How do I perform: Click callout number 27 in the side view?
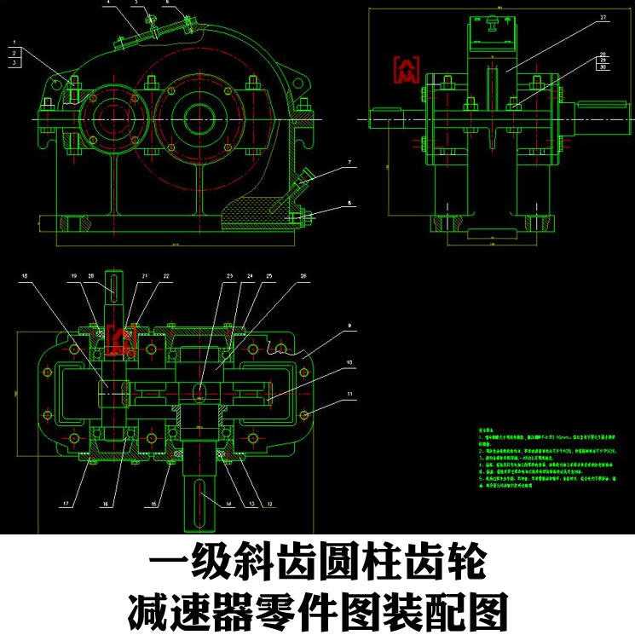(603, 16)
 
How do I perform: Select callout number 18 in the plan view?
(24, 276)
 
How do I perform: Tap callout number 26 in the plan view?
(303, 276)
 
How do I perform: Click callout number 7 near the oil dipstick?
(349, 161)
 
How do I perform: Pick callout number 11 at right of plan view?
(349, 394)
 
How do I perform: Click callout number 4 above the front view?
(108, 3)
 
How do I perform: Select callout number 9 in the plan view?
(349, 326)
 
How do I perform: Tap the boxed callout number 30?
(603, 68)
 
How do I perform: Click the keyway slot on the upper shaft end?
(115, 285)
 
